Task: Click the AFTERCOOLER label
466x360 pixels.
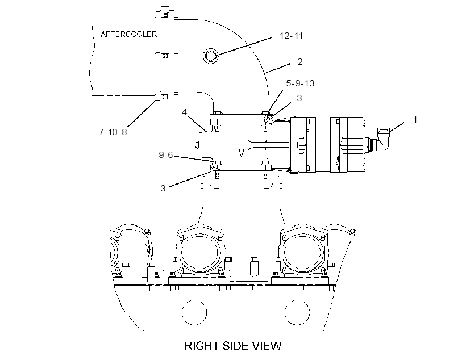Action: (x=128, y=34)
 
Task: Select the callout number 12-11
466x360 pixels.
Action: (x=291, y=36)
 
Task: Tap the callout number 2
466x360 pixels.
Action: (x=300, y=61)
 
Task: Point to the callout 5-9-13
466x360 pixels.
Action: (x=300, y=83)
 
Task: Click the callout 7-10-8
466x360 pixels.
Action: (x=113, y=132)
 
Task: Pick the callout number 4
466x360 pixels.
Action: (x=185, y=112)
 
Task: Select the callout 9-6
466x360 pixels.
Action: (x=166, y=155)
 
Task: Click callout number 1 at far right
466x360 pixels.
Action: (x=415, y=119)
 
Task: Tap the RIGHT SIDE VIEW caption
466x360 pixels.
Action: (x=233, y=346)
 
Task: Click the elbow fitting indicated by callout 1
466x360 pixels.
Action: (x=384, y=139)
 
